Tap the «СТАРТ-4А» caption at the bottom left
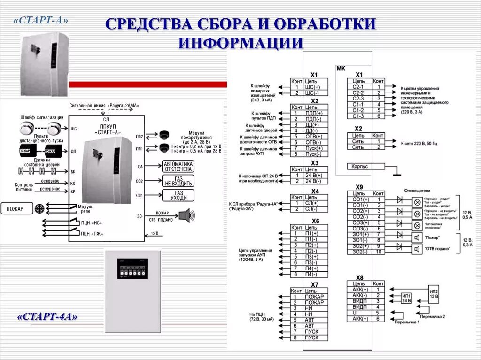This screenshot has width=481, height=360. pos(47,317)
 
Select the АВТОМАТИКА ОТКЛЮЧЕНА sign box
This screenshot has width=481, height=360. pos(178,166)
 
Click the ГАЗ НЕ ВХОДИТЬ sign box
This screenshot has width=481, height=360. pos(178,181)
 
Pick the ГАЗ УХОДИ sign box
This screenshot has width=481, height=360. pos(178,195)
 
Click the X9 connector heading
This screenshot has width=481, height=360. pos(359,187)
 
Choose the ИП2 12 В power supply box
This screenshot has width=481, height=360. pos(434,294)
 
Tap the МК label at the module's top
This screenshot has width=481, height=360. pos(341,69)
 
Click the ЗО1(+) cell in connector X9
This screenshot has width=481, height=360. pos(359,234)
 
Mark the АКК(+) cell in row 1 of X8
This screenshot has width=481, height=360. pos(359,290)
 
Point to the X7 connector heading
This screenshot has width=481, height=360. pos(315,284)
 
